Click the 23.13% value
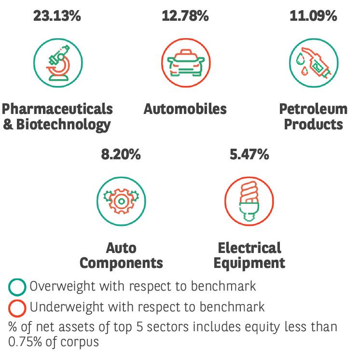click(x=57, y=16)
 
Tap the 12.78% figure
click(x=185, y=16)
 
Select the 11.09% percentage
click(x=313, y=16)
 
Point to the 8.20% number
click(x=121, y=154)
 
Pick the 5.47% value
click(x=249, y=154)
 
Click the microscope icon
click(x=58, y=63)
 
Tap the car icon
click(x=186, y=63)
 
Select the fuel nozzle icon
click(x=314, y=63)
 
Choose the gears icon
click(x=121, y=201)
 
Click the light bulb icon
click(x=249, y=201)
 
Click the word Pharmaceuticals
click(x=57, y=109)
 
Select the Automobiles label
click(x=185, y=109)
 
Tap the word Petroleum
click(x=313, y=109)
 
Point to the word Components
click(x=121, y=263)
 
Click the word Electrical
click(x=249, y=248)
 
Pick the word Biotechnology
click(x=63, y=125)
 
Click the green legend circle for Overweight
click(x=17, y=287)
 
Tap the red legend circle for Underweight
click(x=17, y=308)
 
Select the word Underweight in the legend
click(x=67, y=307)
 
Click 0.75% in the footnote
click(x=25, y=342)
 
